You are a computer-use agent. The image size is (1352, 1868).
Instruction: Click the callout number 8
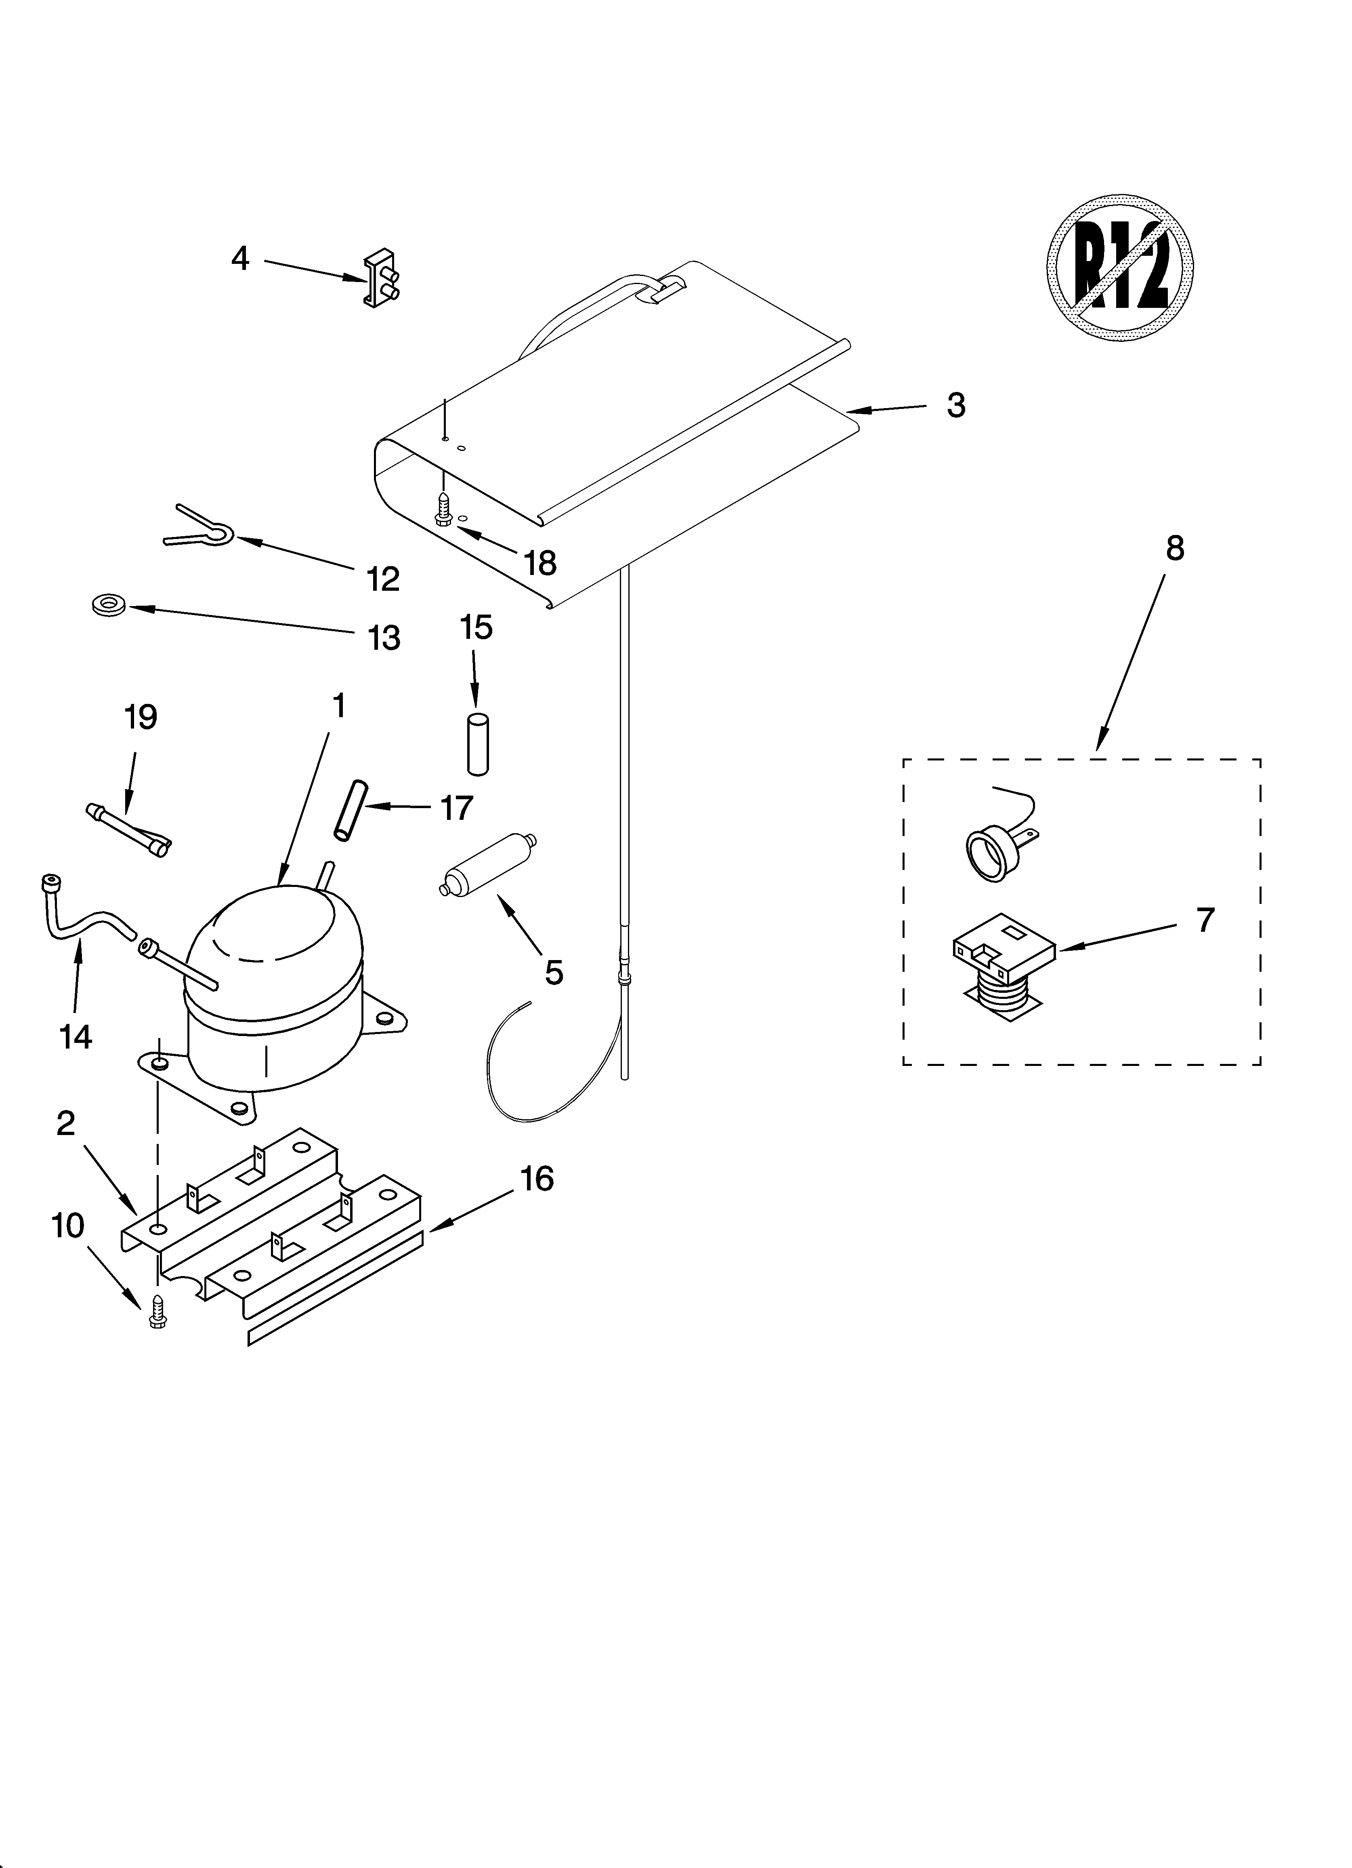[1175, 548]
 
